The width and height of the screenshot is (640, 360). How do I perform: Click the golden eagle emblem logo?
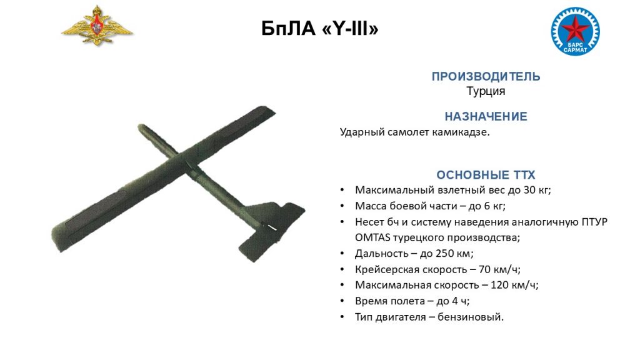click(x=97, y=26)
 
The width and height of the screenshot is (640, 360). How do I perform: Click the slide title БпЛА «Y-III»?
click(x=320, y=29)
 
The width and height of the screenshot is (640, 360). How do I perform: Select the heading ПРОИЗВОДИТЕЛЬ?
click(x=486, y=76)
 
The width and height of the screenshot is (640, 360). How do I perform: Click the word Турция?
click(x=486, y=91)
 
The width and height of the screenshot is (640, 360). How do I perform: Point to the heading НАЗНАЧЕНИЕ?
click(x=486, y=116)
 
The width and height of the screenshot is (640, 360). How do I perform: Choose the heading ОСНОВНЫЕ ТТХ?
click(x=486, y=175)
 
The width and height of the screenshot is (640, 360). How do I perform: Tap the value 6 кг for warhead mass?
click(x=494, y=206)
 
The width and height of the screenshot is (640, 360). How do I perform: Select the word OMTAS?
click(x=372, y=237)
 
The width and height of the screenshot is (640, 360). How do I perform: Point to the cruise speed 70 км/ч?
click(x=499, y=269)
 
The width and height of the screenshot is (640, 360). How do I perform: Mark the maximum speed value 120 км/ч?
click(x=514, y=285)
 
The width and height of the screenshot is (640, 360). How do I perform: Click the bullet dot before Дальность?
click(x=342, y=254)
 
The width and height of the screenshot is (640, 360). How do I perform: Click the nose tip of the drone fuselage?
click(x=141, y=127)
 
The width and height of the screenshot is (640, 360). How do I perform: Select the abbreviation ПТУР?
click(x=594, y=222)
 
